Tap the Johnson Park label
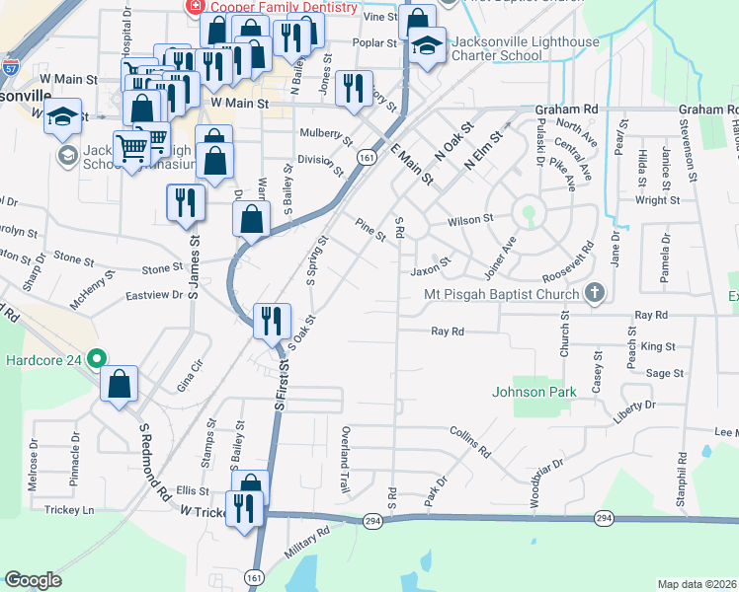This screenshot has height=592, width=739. coord(534,392)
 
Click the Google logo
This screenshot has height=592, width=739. coord(33,580)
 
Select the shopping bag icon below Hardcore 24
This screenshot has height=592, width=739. coord(119,386)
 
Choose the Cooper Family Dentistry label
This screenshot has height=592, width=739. coord(281,7)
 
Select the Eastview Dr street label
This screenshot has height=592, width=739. coord(155,294)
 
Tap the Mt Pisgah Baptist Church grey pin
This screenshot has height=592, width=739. coord(594,292)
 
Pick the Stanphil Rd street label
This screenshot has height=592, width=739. coord(682,481)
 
